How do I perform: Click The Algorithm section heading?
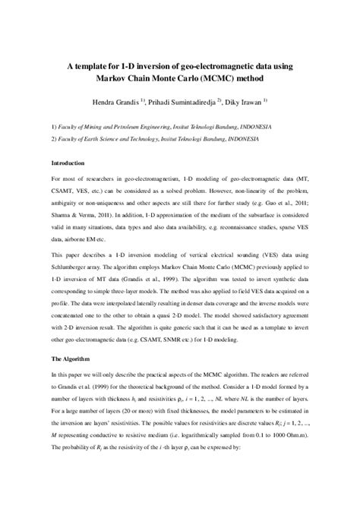pos(73,337)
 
